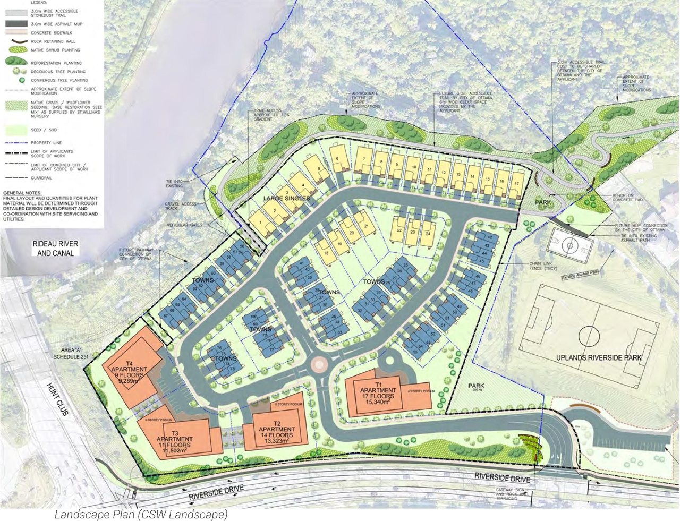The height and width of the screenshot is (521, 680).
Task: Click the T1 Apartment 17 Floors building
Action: [378, 396]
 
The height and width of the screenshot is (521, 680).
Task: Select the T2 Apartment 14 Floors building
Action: [276, 434]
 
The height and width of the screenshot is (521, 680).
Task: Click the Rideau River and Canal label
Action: [55, 249]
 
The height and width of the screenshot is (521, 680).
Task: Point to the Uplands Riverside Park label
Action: [599, 358]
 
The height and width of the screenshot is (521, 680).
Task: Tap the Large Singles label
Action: [286, 198]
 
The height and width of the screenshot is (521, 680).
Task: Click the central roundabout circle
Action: [319, 364]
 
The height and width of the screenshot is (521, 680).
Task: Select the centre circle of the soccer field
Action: [589, 336]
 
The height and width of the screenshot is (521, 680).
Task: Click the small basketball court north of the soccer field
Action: [570, 245]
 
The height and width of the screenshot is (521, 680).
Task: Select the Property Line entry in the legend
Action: [46, 143]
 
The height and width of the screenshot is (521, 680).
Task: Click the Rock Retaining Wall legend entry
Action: [53, 41]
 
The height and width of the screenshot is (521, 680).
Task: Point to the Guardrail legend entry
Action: [41, 178]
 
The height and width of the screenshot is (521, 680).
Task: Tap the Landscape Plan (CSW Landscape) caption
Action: [141, 514]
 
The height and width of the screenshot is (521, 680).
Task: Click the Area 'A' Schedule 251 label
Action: [71, 354]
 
